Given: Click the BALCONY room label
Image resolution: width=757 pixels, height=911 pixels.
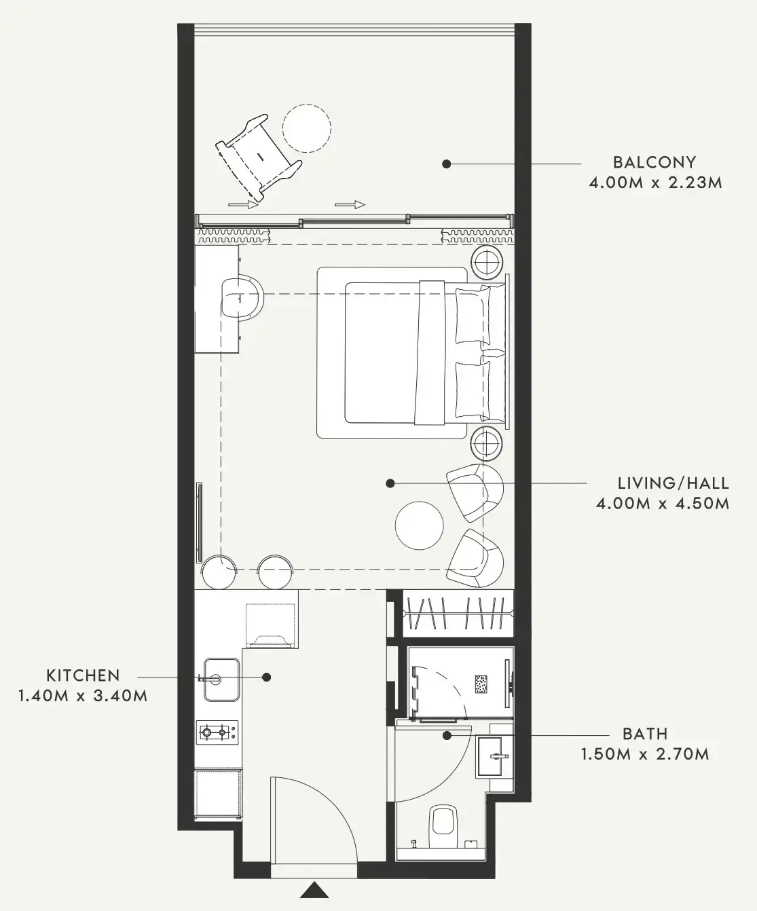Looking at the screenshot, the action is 654,162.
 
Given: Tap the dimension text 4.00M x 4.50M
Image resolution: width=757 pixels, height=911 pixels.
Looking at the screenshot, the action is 663,504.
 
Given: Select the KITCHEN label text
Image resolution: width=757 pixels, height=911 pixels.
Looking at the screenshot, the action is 84,676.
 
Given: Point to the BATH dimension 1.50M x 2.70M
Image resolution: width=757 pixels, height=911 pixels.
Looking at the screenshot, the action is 645,754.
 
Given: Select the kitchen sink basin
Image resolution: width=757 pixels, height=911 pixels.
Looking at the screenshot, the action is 221,680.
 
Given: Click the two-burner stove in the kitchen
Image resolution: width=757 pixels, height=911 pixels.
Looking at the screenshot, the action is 218,732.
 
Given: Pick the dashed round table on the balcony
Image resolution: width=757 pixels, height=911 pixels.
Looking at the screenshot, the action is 307,128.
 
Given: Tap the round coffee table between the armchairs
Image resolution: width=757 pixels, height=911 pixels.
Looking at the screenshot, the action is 420,525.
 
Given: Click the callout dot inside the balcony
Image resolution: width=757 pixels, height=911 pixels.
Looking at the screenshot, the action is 446,164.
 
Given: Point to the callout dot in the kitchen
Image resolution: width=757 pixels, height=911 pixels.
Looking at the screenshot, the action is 267,677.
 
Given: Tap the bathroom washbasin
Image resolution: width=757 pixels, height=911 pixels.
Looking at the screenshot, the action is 492,756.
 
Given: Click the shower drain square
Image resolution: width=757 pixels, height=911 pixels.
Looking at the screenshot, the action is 481,684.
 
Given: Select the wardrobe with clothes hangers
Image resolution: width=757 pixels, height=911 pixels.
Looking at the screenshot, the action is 457,613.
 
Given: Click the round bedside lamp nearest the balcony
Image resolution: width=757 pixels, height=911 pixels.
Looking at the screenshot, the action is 487,263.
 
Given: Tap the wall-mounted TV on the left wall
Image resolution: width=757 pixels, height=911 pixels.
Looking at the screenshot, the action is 200,522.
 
